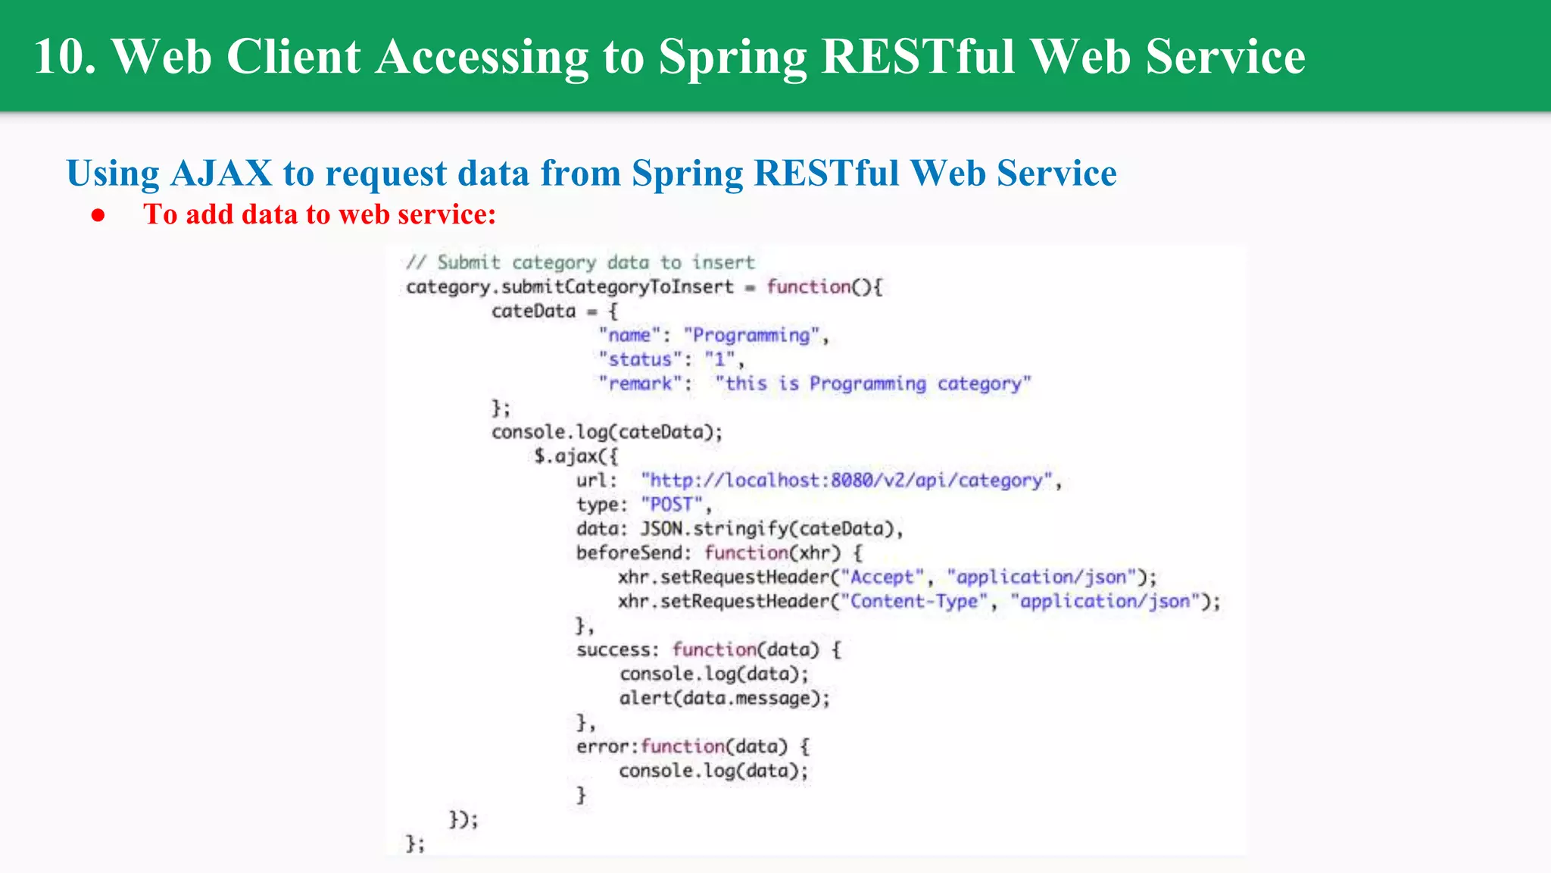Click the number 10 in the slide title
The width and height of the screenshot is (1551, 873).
(x=64, y=57)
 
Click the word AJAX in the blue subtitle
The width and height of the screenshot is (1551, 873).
(x=221, y=174)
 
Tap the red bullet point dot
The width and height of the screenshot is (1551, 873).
(x=98, y=215)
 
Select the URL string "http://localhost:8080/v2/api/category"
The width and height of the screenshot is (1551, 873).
(x=847, y=480)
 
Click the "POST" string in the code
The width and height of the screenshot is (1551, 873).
(x=672, y=505)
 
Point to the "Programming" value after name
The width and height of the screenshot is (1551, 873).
(x=752, y=336)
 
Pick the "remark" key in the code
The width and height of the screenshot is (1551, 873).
(x=641, y=384)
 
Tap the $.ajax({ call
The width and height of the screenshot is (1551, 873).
(x=576, y=456)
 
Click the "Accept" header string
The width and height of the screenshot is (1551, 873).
(x=882, y=577)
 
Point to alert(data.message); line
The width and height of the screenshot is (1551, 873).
(x=725, y=698)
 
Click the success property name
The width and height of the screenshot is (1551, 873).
(x=613, y=650)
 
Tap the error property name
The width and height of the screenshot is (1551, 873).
(x=602, y=746)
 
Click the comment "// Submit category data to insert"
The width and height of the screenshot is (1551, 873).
(x=580, y=263)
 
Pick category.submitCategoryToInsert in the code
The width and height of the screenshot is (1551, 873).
(x=570, y=287)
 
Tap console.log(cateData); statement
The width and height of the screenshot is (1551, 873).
(x=607, y=432)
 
